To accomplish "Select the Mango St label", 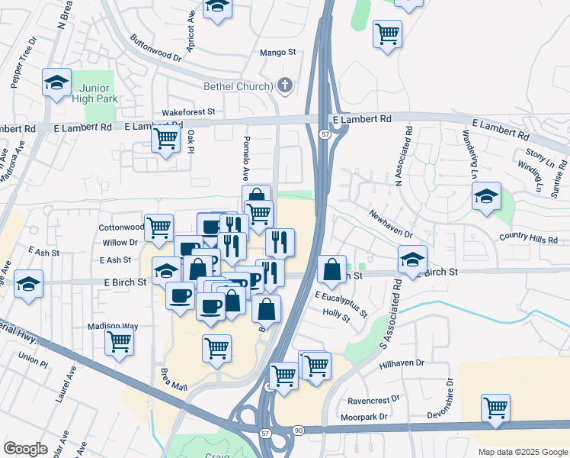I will [277, 53].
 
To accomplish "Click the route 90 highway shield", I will [298, 431].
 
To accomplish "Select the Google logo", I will [25, 449].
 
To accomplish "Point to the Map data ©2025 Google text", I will [522, 452].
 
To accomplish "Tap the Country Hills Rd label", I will [528, 239].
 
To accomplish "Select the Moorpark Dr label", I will [363, 417].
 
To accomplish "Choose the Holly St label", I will [336, 312].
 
